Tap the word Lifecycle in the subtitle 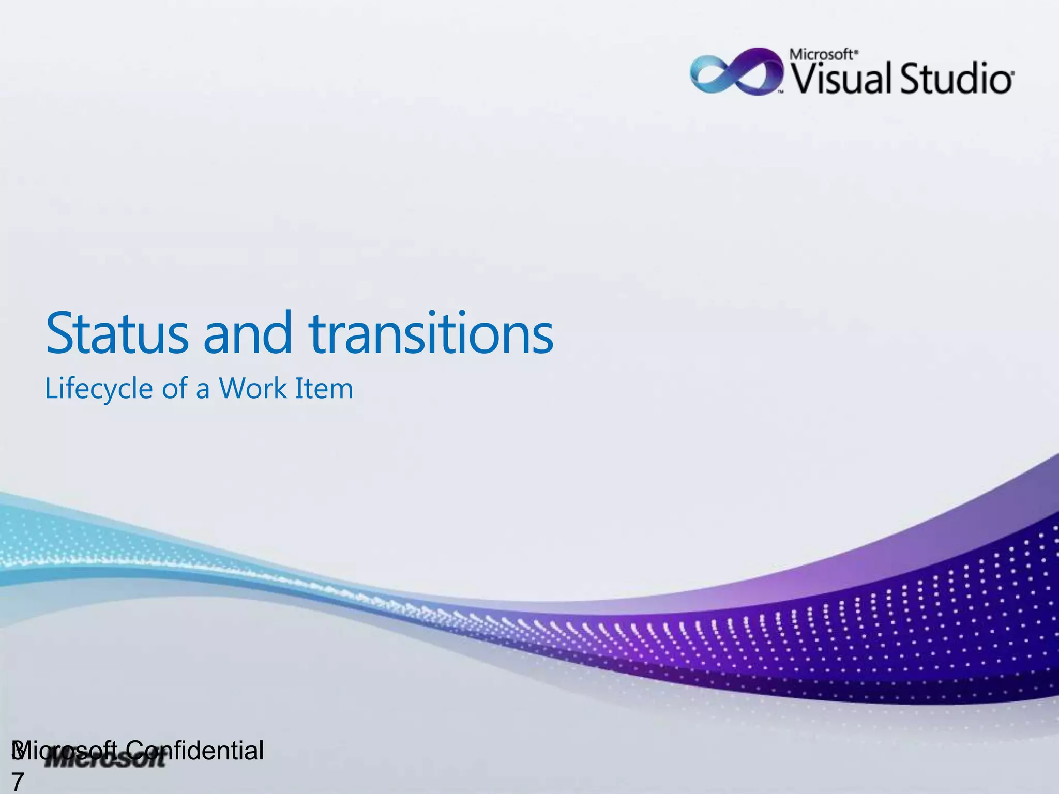click(x=98, y=389)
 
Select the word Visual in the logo click(x=841, y=79)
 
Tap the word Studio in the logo click(x=957, y=79)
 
